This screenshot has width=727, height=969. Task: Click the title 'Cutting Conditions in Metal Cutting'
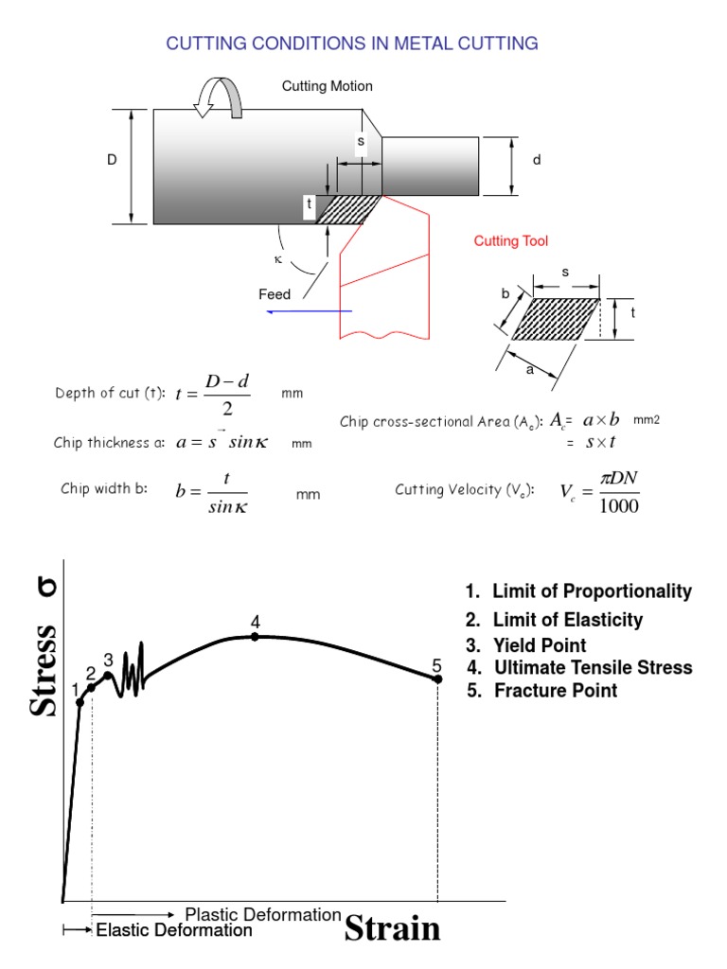[x=352, y=44]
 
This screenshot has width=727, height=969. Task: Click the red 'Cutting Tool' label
[x=510, y=242]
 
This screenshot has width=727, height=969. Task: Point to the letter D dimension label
[x=112, y=162]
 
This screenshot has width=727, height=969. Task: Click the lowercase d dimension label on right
[x=536, y=161]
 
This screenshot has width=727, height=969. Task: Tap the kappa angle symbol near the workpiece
[x=277, y=258]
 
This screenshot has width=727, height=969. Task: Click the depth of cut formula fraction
[x=224, y=394]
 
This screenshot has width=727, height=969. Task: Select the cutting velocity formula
[x=599, y=490]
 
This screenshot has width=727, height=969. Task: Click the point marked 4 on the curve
[x=256, y=637]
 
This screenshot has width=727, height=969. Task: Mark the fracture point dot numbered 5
[x=437, y=678]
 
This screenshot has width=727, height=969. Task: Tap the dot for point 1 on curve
[x=80, y=702]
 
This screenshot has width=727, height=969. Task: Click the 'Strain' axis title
[x=392, y=928]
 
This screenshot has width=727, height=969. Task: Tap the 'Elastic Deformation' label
[x=174, y=930]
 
